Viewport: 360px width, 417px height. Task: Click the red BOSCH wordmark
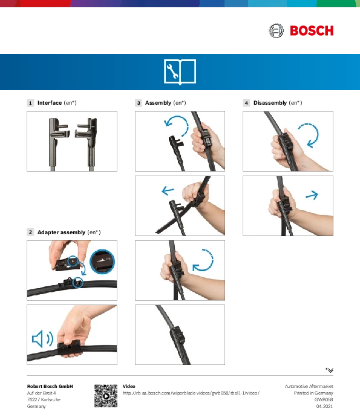312,31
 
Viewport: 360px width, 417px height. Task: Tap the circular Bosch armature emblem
276,31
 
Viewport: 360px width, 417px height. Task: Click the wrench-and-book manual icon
180,72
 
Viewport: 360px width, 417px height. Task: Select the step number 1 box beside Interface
30,103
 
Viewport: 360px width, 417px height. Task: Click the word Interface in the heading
50,103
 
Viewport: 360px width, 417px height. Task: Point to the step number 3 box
139,103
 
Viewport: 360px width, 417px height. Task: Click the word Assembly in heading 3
158,103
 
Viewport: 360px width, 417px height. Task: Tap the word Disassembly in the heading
270,103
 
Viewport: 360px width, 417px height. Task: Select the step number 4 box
246,103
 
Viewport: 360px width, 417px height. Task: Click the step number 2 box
30,232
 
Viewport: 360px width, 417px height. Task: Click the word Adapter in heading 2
48,232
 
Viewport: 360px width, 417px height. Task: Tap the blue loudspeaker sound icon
42,339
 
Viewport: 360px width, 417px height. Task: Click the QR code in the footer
106,396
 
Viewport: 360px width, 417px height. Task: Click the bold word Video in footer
129,386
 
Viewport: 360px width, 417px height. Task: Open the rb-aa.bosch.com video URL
191,393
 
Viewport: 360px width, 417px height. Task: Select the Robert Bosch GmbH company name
50,386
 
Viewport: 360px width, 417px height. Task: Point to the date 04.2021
324,406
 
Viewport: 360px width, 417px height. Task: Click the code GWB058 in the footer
324,399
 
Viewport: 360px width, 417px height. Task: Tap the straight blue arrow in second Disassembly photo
312,195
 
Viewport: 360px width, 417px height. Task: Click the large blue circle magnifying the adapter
102,261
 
